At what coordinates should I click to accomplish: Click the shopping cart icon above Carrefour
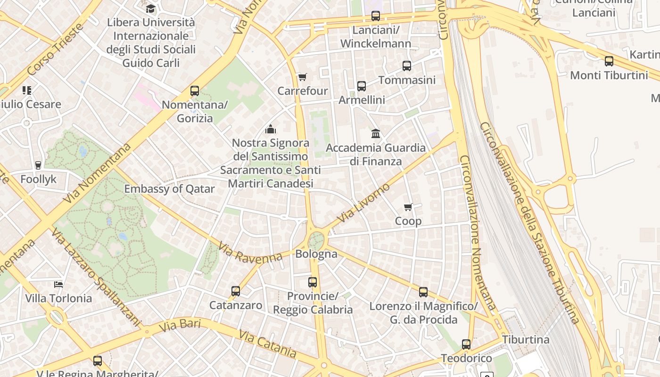point(302,77)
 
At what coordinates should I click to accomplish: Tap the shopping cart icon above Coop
point(408,207)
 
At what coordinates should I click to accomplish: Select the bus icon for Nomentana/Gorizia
point(195,91)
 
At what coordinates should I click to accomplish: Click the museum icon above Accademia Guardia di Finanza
point(376,133)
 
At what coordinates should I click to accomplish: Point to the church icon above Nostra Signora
point(271,129)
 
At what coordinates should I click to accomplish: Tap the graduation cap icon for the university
point(150,8)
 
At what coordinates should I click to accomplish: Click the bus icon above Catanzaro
point(236,291)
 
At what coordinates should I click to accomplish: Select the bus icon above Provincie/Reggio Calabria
point(313,282)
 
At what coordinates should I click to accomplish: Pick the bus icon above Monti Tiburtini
point(609,61)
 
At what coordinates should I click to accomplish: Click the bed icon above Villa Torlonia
point(58,284)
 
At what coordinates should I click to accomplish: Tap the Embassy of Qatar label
point(169,189)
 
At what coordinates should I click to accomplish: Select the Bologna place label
point(316,254)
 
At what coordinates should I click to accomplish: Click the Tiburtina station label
point(526,340)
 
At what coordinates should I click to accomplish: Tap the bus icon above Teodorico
point(466,344)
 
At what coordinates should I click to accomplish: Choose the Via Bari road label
point(180,325)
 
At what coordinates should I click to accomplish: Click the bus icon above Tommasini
point(407,66)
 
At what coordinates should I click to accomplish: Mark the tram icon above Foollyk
point(38,165)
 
